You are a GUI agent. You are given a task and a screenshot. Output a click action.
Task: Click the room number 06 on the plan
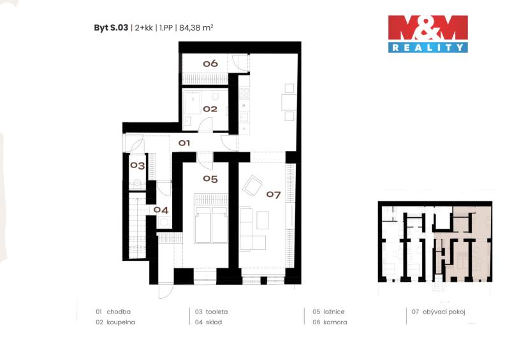pos(210,64)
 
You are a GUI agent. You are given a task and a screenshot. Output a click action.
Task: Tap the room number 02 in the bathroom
pos(210,109)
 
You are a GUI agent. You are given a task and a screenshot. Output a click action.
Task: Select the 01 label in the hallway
pos(184,143)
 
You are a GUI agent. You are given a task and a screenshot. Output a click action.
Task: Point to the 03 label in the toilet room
pos(138,166)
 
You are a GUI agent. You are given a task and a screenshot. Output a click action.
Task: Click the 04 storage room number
pos(161,210)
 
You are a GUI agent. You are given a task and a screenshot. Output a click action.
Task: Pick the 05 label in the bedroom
pos(210,179)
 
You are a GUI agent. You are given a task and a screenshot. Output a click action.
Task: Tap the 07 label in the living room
pos(273,195)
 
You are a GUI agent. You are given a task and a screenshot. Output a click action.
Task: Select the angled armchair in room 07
pos(252,185)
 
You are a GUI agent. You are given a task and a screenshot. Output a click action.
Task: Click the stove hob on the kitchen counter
pos(244,94)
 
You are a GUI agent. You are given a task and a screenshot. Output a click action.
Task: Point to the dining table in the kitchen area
pos(289,102)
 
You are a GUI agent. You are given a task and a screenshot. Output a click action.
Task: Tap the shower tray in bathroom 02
pos(193,102)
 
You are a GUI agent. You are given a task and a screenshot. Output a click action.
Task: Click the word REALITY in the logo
pos(428,48)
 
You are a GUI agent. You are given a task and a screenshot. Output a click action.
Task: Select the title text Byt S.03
pos(111,27)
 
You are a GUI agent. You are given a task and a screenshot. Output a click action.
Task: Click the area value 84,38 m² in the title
pos(196,27)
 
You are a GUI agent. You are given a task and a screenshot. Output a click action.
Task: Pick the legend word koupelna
pos(120,322)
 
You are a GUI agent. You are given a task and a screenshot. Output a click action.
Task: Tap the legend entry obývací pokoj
pos(444,312)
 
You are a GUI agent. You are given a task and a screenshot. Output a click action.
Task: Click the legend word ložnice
pos(333,312)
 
